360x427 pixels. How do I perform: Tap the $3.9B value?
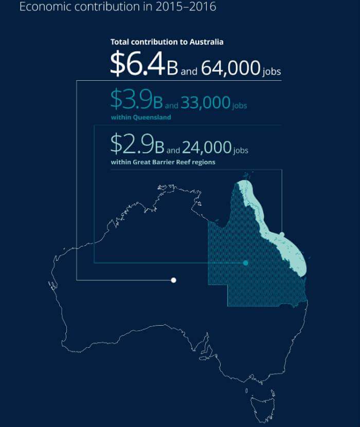(136, 100)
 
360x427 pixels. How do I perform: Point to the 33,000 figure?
(205, 103)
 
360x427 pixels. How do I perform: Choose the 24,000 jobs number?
(206, 147)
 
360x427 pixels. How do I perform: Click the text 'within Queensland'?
(140, 117)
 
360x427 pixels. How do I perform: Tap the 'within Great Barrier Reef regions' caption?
(163, 162)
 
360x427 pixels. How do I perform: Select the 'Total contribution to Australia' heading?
(167, 41)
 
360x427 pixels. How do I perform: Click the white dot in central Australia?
(174, 280)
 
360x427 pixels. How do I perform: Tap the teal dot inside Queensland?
(245, 263)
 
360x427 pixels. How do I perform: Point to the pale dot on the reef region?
(282, 235)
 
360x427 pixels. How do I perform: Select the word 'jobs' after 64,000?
(272, 72)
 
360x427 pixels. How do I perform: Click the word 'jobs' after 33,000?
(239, 106)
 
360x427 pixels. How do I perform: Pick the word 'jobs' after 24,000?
(241, 150)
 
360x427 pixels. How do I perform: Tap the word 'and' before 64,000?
(189, 72)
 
